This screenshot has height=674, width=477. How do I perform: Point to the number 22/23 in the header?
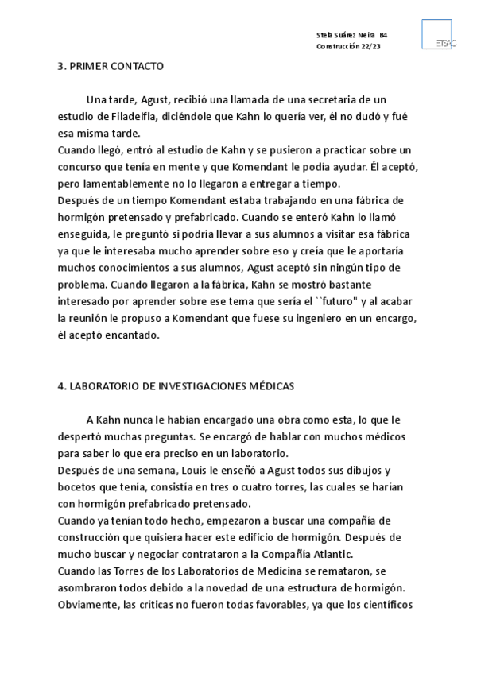(370, 47)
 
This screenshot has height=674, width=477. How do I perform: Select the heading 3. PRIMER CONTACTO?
(111, 66)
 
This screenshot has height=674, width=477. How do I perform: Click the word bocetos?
(79, 486)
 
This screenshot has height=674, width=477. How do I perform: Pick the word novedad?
(221, 587)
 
